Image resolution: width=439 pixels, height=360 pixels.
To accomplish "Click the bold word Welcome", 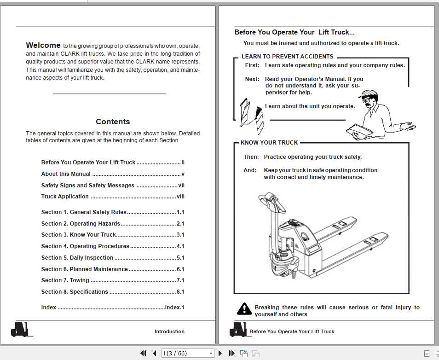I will pos(43,45).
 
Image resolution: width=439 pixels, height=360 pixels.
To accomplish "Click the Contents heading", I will pos(113,122).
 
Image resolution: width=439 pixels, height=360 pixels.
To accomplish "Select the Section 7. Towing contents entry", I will pos(65,280).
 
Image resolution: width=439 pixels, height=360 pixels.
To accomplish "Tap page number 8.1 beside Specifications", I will pos(180,292).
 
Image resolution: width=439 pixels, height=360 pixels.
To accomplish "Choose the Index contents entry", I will pos(49,308).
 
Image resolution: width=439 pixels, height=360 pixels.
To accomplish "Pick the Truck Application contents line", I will pos(65,197).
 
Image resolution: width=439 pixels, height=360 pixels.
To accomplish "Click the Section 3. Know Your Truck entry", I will pos(79,235).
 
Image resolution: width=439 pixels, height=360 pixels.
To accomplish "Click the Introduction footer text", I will pos(169,331).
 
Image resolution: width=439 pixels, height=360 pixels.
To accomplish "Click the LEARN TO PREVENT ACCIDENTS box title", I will pos(287,57).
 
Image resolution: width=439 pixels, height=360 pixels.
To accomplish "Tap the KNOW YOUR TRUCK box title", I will pos(269,143).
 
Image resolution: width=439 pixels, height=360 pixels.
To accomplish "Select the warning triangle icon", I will pos(244,309).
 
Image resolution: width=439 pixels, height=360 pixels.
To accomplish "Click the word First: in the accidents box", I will pos(252,65).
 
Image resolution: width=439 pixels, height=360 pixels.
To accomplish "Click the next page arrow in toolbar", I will pos(220,354).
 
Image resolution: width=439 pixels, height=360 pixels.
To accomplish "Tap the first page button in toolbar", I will pos(143,354).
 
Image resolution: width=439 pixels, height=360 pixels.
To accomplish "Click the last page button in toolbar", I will pos(231,354).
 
